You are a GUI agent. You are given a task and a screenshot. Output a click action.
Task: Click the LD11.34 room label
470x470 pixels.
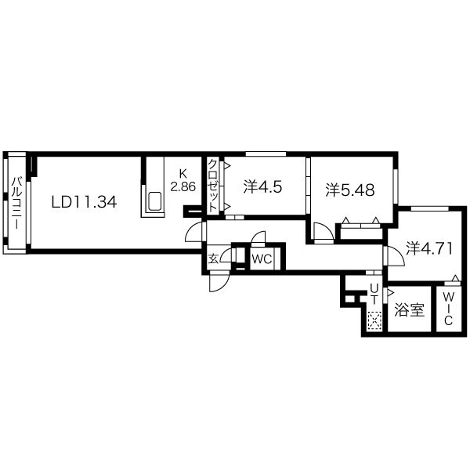pos(84,202)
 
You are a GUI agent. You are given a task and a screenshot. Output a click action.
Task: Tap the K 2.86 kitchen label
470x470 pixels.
pos(183,180)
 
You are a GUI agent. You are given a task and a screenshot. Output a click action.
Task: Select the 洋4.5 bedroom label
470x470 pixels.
pos(262,187)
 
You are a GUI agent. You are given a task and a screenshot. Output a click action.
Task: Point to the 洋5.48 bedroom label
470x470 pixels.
pos(350,190)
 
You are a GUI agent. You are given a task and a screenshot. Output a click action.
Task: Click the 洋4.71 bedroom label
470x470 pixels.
pos(429,248)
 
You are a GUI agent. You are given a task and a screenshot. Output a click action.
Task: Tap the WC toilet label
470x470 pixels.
pos(262,258)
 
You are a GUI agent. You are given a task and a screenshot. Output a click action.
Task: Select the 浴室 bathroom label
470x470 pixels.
pos(409,309)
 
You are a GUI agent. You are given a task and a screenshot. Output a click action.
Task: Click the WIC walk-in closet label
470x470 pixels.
pos(448,309)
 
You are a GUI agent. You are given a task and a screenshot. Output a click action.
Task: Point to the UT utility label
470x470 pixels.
pos(374,294)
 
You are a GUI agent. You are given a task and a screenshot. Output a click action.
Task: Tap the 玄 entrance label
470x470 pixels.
pos(213,258)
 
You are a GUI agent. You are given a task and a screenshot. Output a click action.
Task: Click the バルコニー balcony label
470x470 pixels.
pos(16,203)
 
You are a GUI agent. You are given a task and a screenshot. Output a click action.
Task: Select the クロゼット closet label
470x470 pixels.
pos(212,186)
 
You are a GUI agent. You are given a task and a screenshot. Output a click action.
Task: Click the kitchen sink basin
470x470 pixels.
pos(154,201)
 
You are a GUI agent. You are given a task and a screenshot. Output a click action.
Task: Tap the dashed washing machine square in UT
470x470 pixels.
pos(374,321)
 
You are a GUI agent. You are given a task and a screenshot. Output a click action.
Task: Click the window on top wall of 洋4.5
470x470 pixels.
pos(266,154)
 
